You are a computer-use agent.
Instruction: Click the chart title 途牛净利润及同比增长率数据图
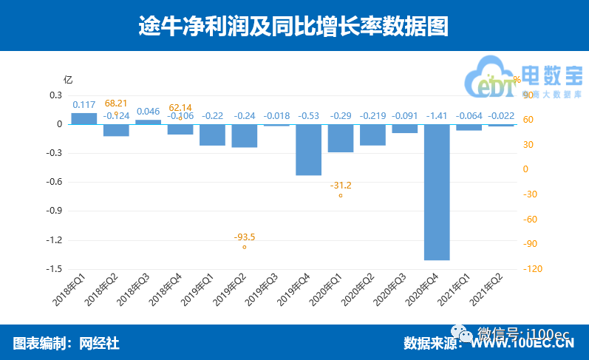click(294, 26)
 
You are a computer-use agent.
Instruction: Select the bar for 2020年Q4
click(437, 192)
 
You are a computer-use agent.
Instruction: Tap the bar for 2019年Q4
click(308, 150)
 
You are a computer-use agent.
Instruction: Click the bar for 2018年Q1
click(84, 118)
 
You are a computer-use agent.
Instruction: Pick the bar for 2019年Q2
click(244, 136)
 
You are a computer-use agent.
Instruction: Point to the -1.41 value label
click(437, 116)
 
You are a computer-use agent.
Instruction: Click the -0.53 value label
click(308, 116)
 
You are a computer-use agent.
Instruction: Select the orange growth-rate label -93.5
click(245, 237)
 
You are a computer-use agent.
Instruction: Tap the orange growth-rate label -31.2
click(341, 186)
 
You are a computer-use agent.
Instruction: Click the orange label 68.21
click(116, 103)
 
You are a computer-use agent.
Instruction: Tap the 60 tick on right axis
click(527, 120)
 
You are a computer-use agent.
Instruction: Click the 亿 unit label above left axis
click(67, 80)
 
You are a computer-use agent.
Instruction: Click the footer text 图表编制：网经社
click(67, 343)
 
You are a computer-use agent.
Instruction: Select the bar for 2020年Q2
click(372, 135)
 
